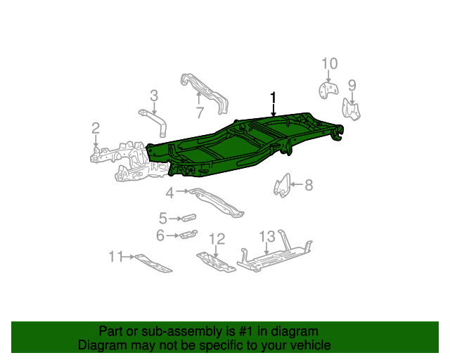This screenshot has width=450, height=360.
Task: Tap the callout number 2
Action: tap(95, 127)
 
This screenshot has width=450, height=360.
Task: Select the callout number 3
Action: tap(153, 96)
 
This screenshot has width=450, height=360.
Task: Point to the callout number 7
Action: tap(200, 112)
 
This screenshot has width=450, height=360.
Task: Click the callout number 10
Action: tap(330, 65)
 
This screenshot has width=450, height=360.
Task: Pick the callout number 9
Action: tap(352, 86)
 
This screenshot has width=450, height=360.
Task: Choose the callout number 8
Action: tap(308, 186)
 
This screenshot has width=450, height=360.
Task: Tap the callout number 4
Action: tap(170, 193)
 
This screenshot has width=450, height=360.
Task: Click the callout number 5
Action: tap(163, 219)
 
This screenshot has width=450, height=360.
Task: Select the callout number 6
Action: tap(160, 236)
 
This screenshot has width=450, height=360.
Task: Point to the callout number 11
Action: tap(115, 257)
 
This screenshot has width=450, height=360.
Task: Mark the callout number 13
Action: tap(266, 236)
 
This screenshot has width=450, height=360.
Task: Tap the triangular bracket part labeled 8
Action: tap(281, 186)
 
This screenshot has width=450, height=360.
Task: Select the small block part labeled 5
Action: tap(187, 219)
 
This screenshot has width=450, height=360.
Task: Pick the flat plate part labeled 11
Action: tap(153, 263)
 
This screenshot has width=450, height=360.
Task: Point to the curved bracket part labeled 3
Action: tap(157, 120)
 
